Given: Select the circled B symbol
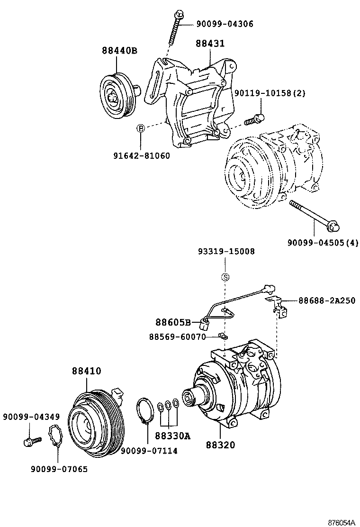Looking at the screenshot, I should click(141, 128).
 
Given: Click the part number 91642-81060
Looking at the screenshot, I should click(141, 156).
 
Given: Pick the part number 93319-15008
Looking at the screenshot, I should click(226, 252).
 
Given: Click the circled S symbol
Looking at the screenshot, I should click(226, 277).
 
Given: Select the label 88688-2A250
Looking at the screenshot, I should click(327, 300).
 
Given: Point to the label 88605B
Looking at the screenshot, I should click(173, 323).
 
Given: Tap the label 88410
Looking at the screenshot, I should click(86, 371).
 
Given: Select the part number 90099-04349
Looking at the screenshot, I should click(31, 417).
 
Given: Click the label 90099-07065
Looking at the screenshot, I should click(59, 469).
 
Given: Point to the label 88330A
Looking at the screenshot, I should click(172, 436).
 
